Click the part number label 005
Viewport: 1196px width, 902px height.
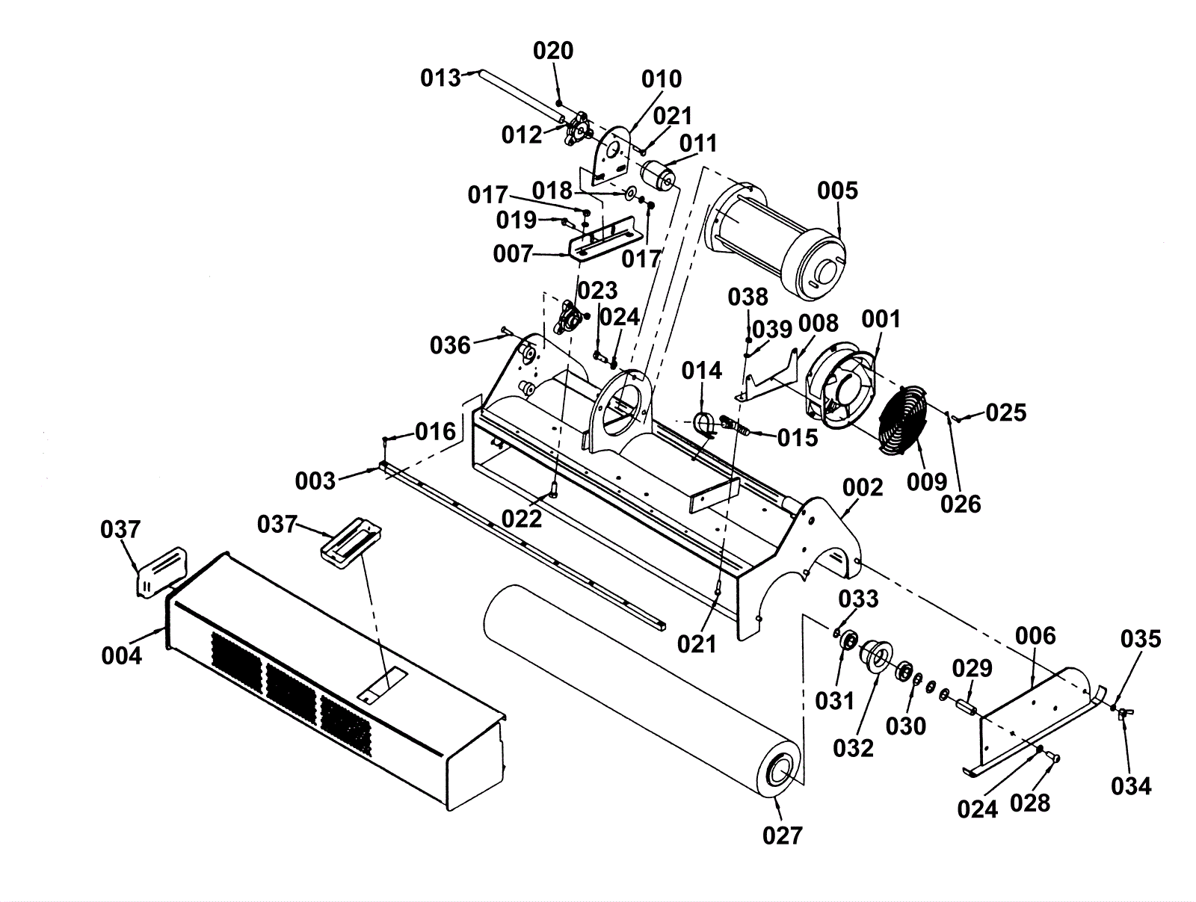(x=837, y=191)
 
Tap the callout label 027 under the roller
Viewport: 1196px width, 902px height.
(x=783, y=835)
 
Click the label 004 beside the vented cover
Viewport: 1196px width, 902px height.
(x=122, y=656)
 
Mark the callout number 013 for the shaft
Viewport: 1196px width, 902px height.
(x=440, y=78)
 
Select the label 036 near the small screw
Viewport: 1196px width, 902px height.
(x=450, y=345)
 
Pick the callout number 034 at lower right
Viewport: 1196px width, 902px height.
(x=1131, y=786)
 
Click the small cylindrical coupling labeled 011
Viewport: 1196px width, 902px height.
(x=658, y=176)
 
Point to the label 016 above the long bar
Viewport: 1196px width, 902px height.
(x=435, y=432)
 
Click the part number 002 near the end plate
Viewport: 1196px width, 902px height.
(x=863, y=488)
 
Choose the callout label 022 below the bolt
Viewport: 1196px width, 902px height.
(x=522, y=519)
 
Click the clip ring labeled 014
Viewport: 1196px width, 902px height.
(x=704, y=425)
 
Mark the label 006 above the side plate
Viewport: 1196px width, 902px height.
(x=1036, y=636)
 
